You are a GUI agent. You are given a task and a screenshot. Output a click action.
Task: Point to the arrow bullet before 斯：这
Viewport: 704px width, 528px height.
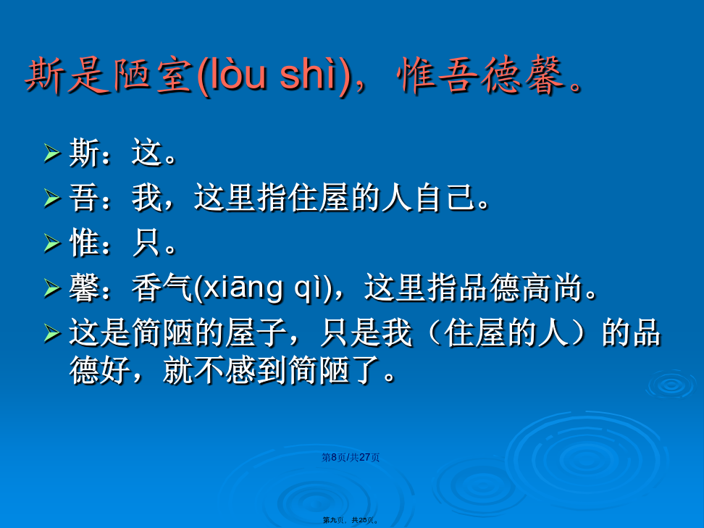click(52, 153)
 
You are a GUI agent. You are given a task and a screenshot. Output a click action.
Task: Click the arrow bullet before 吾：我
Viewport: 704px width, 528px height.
click(52, 198)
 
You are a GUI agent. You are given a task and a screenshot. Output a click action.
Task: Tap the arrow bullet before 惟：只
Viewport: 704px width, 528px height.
click(52, 243)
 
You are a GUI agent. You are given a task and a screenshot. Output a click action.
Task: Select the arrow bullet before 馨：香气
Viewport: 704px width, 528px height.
click(52, 288)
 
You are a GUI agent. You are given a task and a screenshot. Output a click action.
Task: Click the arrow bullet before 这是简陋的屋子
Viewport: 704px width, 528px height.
click(52, 333)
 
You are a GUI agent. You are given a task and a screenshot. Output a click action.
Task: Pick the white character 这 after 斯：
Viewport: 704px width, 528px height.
click(147, 153)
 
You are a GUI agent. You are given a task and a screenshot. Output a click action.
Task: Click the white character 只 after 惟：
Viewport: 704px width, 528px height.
click(147, 243)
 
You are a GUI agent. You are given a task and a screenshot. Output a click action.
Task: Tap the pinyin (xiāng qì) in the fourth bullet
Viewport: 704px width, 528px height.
click(263, 288)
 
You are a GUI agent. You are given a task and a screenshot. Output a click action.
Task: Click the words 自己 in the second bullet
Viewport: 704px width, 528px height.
click(445, 198)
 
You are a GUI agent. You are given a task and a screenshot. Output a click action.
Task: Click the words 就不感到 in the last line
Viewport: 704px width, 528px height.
click(225, 370)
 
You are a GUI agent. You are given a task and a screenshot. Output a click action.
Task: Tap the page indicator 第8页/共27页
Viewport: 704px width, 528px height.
click(351, 457)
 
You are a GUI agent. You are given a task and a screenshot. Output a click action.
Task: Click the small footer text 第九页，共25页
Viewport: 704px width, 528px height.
click(351, 520)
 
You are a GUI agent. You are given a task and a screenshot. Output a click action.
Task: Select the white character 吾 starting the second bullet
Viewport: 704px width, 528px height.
click(85, 198)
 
